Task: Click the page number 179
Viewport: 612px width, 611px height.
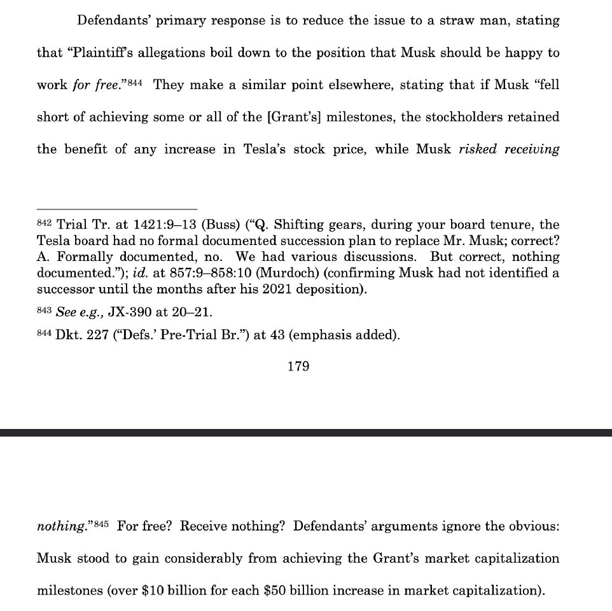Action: pos(298,367)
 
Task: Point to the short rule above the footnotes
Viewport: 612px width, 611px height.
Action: pos(117,209)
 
